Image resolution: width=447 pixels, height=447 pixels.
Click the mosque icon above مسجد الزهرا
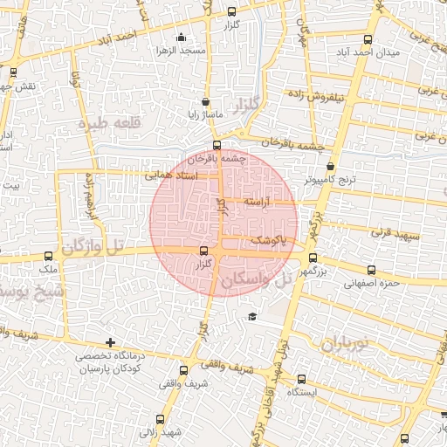click(181, 38)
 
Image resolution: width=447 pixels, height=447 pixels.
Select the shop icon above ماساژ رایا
click(205, 101)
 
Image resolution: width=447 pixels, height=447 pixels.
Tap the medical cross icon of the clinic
click(109, 342)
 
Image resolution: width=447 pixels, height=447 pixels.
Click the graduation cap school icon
click(252, 315)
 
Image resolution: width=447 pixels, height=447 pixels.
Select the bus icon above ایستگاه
click(301, 379)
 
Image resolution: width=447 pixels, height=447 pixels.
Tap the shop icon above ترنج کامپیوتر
click(330, 166)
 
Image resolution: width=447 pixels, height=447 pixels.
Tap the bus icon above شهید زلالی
click(159, 419)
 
